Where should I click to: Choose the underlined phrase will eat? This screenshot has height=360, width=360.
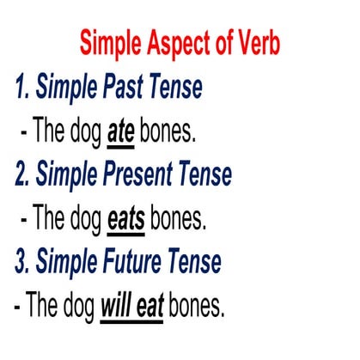[132, 306]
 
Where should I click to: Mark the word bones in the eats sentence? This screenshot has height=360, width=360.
[179, 219]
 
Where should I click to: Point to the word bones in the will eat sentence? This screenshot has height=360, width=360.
[196, 306]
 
